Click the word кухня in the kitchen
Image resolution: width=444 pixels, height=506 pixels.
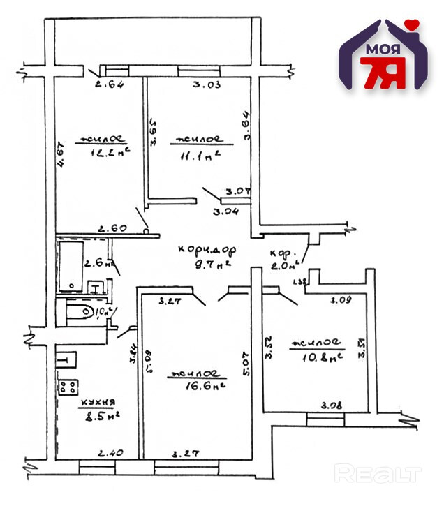[97, 403]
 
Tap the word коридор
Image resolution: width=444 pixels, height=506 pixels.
[207, 249]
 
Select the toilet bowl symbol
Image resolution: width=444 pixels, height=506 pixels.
[78, 311]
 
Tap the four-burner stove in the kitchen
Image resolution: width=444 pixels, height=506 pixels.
[68, 387]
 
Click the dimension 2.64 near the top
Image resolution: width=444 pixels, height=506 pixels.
[109, 87]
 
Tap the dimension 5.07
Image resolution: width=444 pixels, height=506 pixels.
[246, 362]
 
